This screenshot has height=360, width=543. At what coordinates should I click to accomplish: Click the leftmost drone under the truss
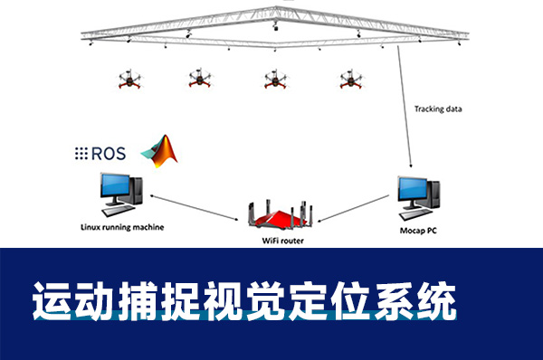click(129, 80)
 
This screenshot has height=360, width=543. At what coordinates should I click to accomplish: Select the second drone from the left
click(200, 80)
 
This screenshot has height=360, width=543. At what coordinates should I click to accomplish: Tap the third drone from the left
click(273, 80)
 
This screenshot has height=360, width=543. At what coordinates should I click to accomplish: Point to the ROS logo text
click(100, 153)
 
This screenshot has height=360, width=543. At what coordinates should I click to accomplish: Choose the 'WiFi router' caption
click(276, 242)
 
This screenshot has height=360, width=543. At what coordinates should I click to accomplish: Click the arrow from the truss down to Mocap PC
click(404, 109)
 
